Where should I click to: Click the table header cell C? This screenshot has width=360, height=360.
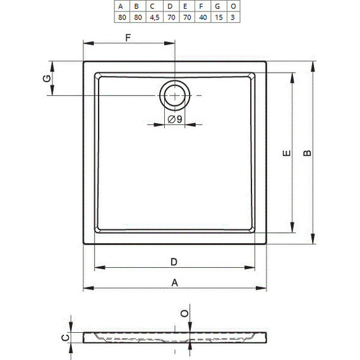155,6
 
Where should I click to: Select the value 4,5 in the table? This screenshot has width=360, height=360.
155,17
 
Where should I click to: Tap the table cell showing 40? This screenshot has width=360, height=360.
203,17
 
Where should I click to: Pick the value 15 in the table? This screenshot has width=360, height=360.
219,17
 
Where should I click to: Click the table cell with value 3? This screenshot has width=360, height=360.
233,17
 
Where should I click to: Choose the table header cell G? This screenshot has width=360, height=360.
219,6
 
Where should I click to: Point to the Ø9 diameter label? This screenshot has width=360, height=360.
175,119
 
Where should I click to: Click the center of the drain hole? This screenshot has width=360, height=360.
175,95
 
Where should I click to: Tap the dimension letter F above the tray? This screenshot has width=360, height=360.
128,37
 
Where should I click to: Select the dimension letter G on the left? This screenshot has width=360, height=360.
47,78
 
